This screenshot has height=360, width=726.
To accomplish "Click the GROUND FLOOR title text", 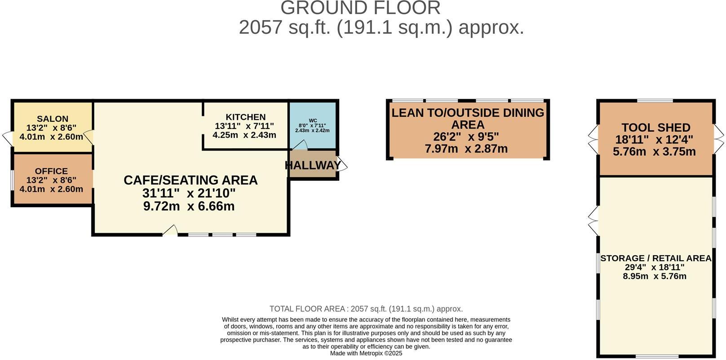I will coord(360,8).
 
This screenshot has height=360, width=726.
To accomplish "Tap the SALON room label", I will coord(53,119).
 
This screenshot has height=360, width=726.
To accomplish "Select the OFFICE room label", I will coord(51,171).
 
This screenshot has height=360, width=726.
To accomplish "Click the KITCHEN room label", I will coord(245,117).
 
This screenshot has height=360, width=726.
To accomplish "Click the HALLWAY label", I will coord(313,165).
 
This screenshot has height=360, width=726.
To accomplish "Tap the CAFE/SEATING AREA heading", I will coord(190,180).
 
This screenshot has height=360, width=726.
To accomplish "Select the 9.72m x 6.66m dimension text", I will coord(189,206).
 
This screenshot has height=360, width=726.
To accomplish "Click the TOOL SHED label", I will coord(655,128).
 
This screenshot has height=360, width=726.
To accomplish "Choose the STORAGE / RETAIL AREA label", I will coord(655,258).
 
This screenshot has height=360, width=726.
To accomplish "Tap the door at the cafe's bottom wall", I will coord(170,231).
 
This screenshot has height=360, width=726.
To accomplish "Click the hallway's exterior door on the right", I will coord(342,164).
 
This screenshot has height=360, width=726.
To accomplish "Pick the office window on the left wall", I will coord(12,180).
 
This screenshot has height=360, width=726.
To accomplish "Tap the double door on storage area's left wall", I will coord(593,221).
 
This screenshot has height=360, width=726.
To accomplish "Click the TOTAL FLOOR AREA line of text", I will coord(366,309).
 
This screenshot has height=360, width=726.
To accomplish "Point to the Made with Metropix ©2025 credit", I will coord(366,353).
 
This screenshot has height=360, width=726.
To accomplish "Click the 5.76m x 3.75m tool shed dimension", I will coord(654,151).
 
